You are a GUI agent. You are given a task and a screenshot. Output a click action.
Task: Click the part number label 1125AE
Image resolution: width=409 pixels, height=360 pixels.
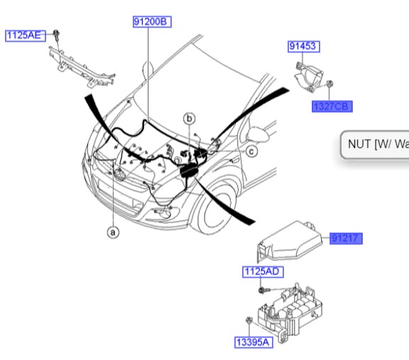pos(25,34)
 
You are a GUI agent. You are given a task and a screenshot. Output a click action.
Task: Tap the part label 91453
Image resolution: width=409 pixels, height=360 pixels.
pos(304,47)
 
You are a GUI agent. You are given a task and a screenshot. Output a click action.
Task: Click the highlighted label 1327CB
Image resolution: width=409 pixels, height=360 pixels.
pos(332,107)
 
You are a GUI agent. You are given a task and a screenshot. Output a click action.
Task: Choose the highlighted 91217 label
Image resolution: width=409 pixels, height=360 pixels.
pos(346,239)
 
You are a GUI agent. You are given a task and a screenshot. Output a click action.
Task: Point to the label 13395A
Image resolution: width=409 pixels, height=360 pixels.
pos(253,342)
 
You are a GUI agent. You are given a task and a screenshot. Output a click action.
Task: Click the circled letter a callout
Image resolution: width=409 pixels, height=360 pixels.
pos(112,231)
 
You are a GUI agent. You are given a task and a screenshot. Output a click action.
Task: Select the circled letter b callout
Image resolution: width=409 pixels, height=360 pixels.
pos(190,118)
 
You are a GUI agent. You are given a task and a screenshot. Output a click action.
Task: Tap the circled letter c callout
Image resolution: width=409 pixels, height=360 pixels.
pos(251,151)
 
